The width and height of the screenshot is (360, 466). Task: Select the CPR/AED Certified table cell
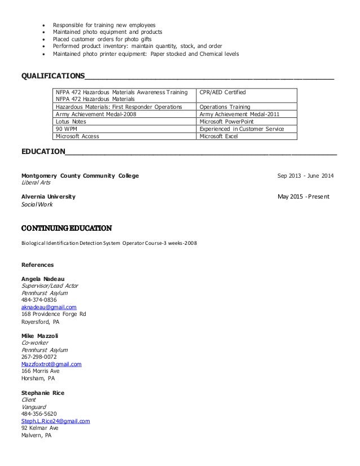pyautogui.click(x=223, y=91)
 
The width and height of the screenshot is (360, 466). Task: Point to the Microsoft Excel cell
pyautogui.click(x=219, y=135)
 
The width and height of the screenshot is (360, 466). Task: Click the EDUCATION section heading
pyautogui.click(x=43, y=151)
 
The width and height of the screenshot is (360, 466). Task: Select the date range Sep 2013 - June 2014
pyautogui.click(x=305, y=175)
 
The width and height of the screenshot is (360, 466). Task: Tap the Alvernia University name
pyautogui.click(x=48, y=197)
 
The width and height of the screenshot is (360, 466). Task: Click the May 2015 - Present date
pyautogui.click(x=304, y=197)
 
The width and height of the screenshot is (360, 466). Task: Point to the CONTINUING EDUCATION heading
pyautogui.click(x=66, y=228)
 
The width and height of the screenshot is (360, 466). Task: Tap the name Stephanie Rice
pyautogui.click(x=43, y=392)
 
